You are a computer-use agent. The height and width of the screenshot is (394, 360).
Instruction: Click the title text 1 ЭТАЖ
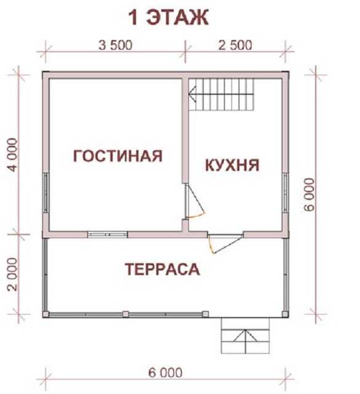(169, 18)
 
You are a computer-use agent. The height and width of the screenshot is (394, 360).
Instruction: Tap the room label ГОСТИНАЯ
(118, 156)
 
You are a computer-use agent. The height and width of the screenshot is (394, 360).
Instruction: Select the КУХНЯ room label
(232, 165)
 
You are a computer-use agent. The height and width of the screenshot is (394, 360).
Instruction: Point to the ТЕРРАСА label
(162, 269)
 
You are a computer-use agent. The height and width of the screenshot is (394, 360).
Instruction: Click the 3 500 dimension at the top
(115, 46)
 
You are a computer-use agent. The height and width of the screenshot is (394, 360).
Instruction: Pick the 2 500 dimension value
(235, 46)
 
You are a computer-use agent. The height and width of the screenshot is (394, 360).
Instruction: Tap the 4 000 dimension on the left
(13, 155)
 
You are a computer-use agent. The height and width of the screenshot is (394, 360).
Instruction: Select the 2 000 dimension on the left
(13, 274)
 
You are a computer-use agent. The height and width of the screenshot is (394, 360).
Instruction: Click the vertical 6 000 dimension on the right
(310, 195)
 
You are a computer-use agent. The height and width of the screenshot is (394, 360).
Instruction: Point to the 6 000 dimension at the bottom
(165, 372)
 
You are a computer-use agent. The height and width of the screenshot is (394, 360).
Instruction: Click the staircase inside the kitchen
(222, 94)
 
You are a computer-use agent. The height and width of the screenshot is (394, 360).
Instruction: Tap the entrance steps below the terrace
(245, 336)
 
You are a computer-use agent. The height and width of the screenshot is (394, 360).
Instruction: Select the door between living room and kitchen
(194, 201)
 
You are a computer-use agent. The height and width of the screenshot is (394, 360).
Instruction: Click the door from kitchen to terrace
(225, 244)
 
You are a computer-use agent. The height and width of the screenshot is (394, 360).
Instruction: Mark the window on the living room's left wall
(46, 193)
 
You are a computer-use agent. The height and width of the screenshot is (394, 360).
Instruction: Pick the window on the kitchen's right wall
(286, 193)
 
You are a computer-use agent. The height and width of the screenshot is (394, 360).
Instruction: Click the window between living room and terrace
(108, 235)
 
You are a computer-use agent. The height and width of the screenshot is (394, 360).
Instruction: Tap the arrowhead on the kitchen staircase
(193, 94)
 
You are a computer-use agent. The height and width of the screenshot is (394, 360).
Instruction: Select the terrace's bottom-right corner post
(285, 315)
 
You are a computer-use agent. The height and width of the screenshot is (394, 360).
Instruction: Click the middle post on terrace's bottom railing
(126, 315)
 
